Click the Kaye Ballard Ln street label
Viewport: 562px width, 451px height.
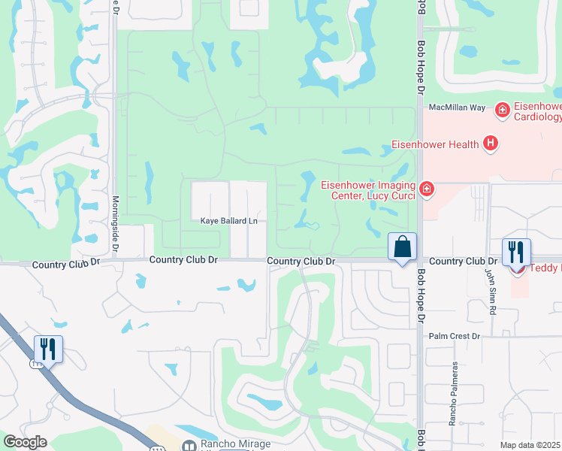coord(228,221)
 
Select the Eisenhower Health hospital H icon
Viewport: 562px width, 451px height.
coord(491,143)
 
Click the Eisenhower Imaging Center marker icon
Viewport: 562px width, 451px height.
coord(427,189)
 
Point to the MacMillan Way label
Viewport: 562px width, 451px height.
coord(458,107)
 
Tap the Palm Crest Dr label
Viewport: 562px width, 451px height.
coord(454,336)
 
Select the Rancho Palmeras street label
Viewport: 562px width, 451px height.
coord(454,394)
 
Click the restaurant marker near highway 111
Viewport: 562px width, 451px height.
coord(48,349)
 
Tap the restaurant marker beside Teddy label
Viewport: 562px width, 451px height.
coord(516,253)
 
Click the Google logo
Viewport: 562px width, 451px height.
coord(25,442)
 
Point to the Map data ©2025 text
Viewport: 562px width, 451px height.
coord(530,445)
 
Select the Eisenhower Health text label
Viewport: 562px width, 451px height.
coord(435,144)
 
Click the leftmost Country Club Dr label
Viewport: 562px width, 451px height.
coord(66,265)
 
